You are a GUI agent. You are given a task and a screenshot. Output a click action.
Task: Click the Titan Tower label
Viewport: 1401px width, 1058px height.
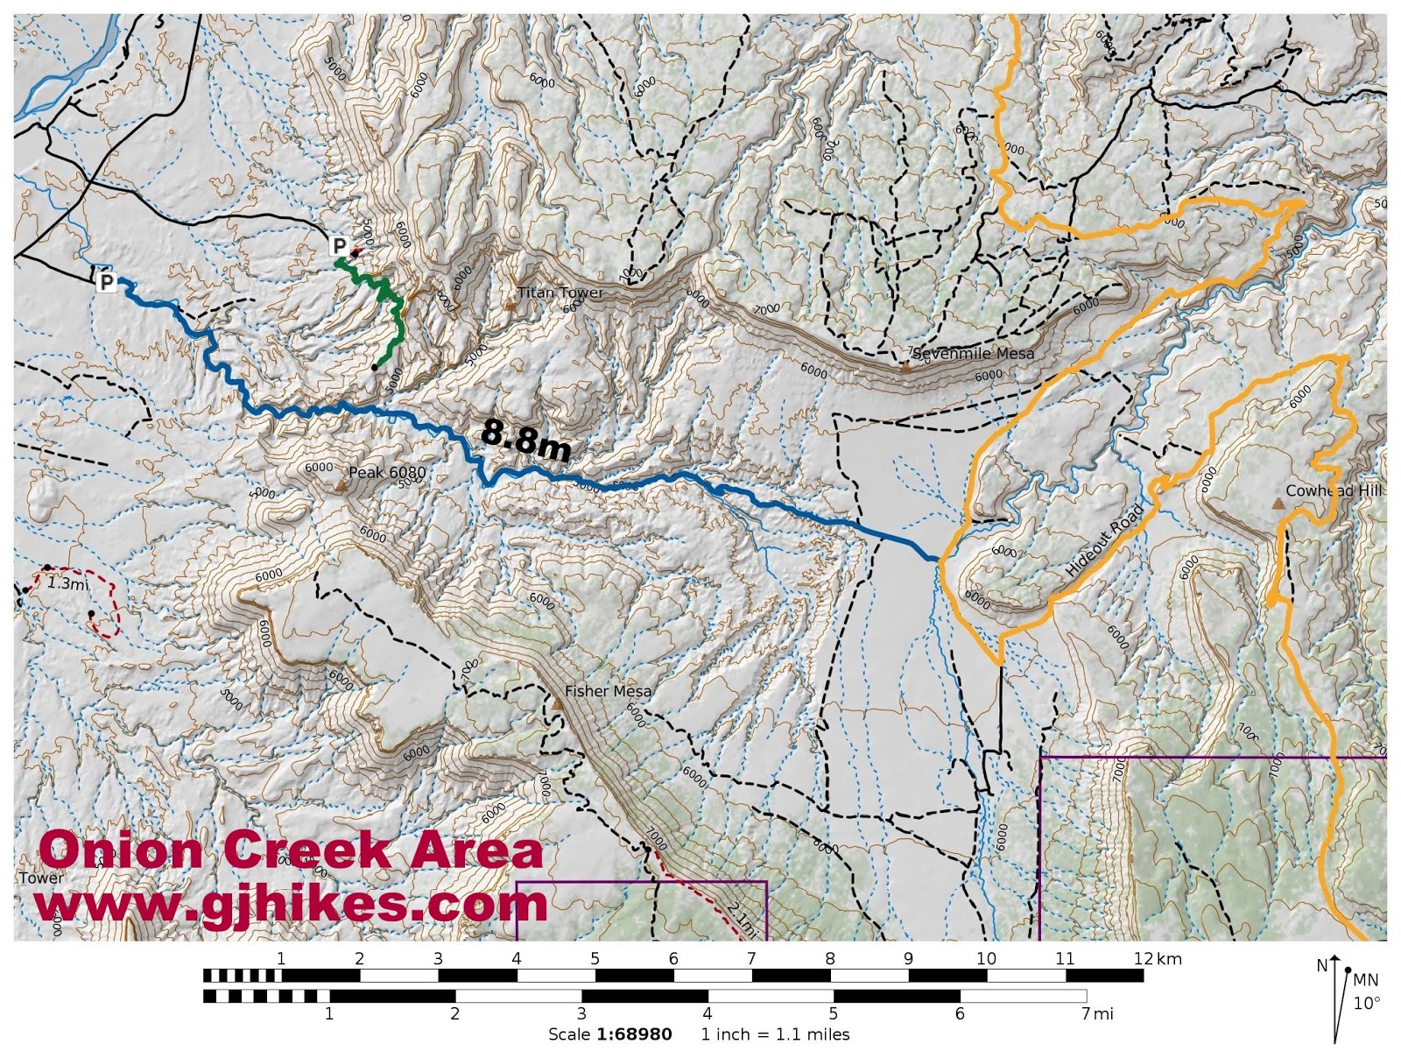click(x=560, y=293)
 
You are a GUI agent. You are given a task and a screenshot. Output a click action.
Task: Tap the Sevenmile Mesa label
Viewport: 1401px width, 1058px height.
click(x=973, y=354)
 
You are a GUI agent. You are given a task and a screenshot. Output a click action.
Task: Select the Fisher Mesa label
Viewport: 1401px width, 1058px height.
click(x=608, y=691)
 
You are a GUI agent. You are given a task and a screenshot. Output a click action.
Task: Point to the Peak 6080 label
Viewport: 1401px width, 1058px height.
click(x=387, y=473)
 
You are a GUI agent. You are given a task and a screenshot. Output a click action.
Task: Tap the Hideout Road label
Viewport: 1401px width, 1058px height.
click(x=1105, y=540)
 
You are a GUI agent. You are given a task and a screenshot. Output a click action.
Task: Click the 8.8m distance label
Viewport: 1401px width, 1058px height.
click(x=525, y=438)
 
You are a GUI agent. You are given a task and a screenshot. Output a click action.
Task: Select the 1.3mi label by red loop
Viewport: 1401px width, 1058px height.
click(x=67, y=583)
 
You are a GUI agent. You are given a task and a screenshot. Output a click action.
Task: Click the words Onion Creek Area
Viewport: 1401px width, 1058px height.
click(x=291, y=850)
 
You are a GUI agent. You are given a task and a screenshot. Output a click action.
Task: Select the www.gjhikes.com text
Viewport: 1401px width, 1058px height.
click(x=291, y=904)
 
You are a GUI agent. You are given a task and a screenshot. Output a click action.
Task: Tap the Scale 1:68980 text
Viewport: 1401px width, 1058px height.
click(x=609, y=1034)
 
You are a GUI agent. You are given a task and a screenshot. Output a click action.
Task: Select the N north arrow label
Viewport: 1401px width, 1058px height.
click(x=1322, y=966)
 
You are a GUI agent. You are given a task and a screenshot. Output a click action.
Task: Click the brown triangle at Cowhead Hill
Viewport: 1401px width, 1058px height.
click(x=1278, y=504)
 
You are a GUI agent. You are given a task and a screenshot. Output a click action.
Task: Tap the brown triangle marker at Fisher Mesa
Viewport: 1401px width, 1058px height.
click(x=557, y=703)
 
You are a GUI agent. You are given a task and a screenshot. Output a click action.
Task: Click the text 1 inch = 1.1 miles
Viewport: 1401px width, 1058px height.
click(x=775, y=1034)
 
